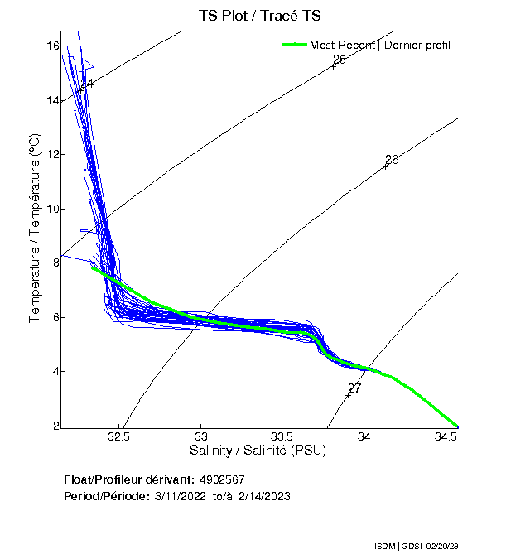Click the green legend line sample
coord(295,44)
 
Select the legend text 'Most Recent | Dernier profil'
coord(380,44)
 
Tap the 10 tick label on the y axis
coord(51,209)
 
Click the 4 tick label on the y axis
coord(55,371)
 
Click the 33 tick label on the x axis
coord(200,436)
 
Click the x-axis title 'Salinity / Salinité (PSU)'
coord(258,451)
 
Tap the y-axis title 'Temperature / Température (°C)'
coord(35,229)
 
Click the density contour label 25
coord(339,60)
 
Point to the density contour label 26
coord(392,159)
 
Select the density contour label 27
coord(354,388)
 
